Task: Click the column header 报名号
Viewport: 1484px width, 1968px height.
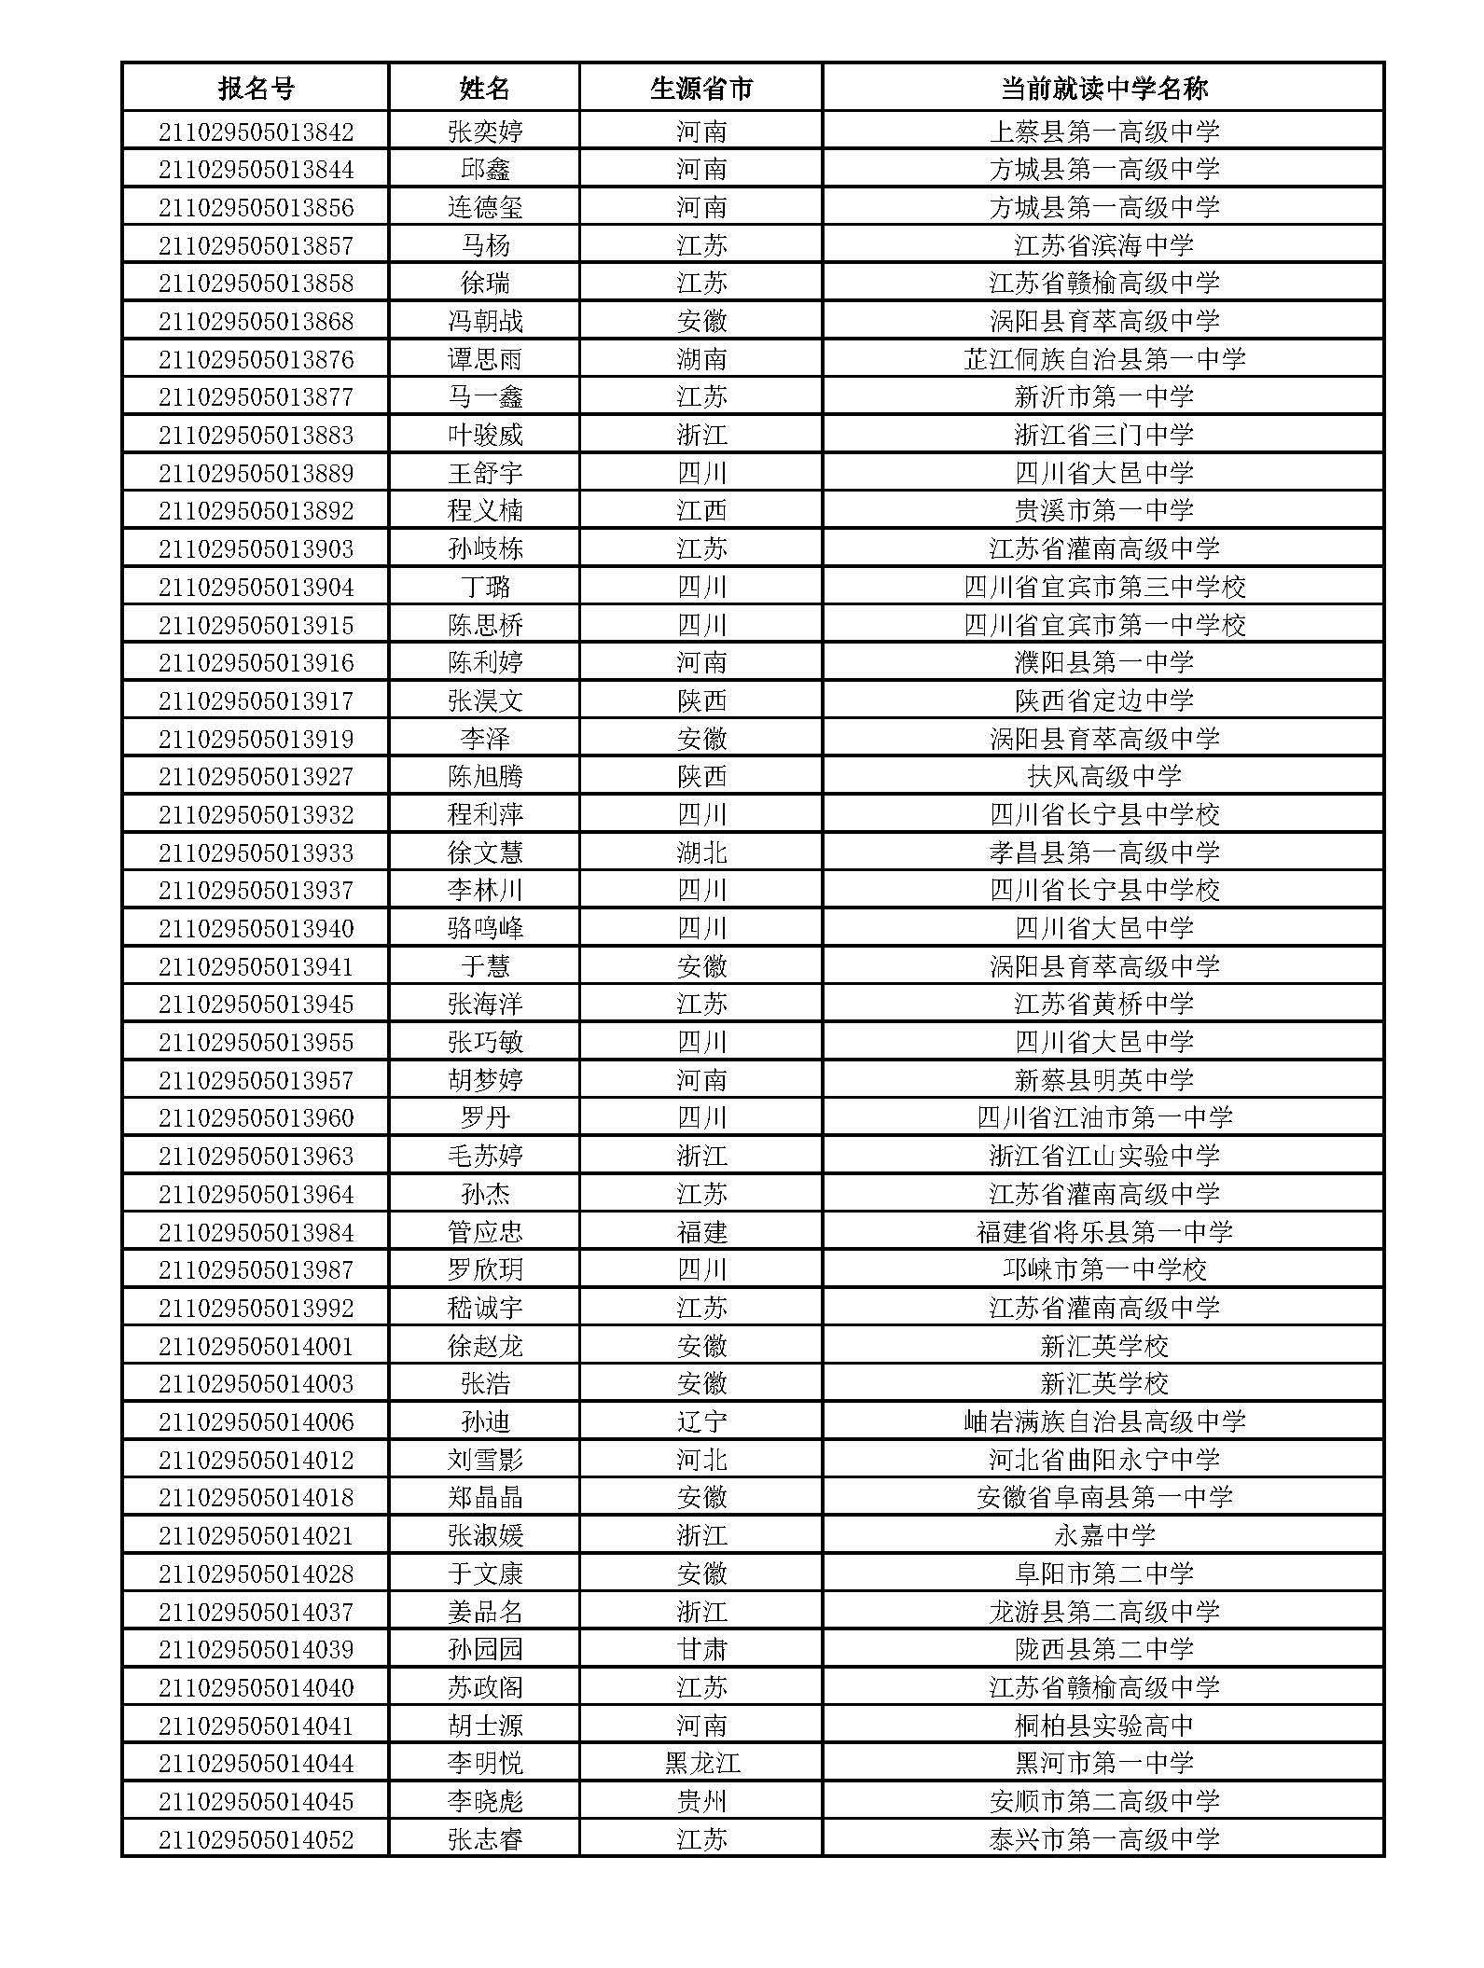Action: [256, 89]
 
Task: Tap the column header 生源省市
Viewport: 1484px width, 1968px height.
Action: [700, 89]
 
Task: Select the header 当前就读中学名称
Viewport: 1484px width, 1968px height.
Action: [1103, 89]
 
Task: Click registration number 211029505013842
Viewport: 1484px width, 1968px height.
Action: [256, 132]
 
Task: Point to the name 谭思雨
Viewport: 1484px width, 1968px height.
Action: [485, 359]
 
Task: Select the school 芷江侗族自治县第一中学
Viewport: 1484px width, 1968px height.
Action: [1103, 359]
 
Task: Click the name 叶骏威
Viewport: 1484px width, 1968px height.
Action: [485, 435]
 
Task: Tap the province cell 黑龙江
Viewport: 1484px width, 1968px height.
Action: [700, 1763]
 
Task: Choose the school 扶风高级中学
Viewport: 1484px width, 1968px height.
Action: [1103, 776]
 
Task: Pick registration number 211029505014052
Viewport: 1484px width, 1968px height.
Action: [256, 1839]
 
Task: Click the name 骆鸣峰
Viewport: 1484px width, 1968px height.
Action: [485, 928]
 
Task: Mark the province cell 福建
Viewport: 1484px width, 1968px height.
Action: [700, 1232]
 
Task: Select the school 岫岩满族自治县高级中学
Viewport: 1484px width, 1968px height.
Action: [1103, 1421]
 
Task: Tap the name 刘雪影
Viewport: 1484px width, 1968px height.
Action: [485, 1460]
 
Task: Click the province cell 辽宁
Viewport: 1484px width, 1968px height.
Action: [700, 1421]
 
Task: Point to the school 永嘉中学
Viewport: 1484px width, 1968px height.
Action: [1103, 1535]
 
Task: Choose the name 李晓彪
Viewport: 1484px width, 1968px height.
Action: [485, 1801]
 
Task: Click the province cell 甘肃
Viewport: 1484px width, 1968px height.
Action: [700, 1649]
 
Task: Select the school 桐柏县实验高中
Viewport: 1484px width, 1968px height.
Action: [1103, 1725]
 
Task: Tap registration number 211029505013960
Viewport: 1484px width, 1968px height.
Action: [256, 1117]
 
